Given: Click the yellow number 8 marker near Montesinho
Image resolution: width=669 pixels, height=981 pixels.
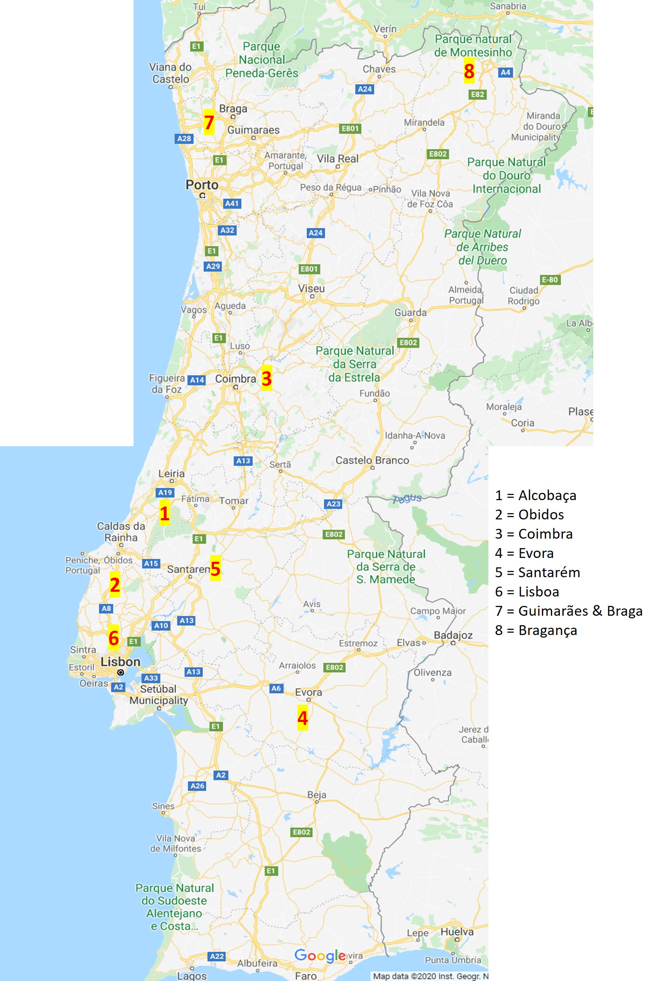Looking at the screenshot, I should (x=469, y=71).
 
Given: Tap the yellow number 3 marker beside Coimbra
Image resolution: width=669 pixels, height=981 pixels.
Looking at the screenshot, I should (x=266, y=379).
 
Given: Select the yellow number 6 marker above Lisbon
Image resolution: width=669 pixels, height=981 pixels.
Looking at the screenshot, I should (x=113, y=638).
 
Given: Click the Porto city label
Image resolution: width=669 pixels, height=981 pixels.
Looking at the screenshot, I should (x=202, y=185).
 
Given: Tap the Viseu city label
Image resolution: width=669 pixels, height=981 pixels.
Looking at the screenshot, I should (x=311, y=289).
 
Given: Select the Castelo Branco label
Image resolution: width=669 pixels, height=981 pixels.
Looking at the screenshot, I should (x=372, y=460).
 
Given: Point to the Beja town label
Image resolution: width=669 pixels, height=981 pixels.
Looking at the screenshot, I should (x=317, y=795).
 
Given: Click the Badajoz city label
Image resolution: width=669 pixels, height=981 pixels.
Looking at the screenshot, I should (x=453, y=635).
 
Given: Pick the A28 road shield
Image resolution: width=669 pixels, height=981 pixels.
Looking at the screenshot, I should (x=184, y=138).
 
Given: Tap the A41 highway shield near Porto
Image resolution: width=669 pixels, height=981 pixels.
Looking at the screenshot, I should (x=232, y=203).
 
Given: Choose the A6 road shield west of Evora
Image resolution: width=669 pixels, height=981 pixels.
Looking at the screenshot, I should (x=276, y=688).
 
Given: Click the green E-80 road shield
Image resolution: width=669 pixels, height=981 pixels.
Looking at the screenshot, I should (x=550, y=280).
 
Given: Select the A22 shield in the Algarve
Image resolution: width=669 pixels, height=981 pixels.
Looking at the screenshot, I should (x=217, y=956).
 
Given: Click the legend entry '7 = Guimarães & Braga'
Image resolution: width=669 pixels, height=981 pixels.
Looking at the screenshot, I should (x=568, y=611).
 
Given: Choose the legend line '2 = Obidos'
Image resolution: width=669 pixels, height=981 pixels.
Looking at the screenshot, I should (x=529, y=515).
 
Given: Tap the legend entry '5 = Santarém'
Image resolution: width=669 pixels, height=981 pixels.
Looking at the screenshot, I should (x=537, y=572).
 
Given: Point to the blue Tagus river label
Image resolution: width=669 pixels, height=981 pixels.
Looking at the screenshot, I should (x=407, y=498).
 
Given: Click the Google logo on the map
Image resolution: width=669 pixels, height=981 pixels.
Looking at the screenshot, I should (x=320, y=956).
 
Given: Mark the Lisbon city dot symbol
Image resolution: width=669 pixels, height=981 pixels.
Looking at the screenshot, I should (x=121, y=673).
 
